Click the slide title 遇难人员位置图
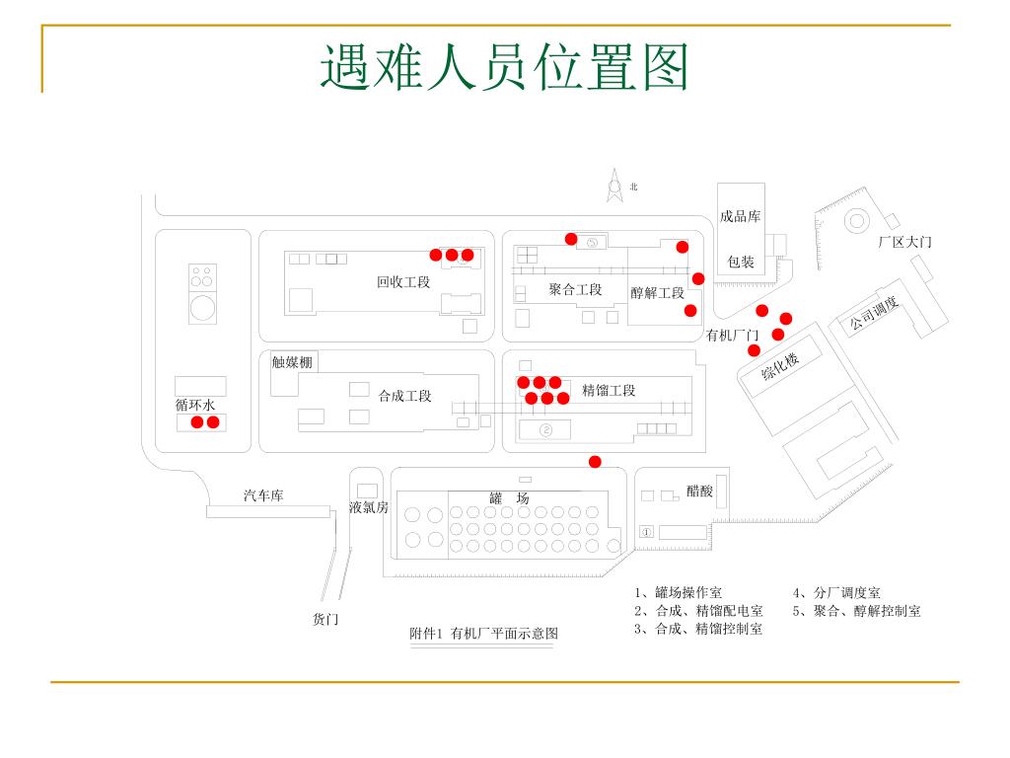coord(504,68)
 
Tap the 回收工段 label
coord(403,282)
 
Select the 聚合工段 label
coord(575,290)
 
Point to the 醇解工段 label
coord(657,293)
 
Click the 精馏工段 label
coord(609,391)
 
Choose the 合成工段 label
coord(404,396)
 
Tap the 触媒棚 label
coord(292,362)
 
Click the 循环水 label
coord(195,405)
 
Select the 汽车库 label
coord(263,495)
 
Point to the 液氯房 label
coord(369,507)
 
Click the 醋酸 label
coord(699,491)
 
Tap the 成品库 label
coord(740,216)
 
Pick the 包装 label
coord(741,262)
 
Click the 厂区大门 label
coord(904,242)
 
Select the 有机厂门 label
coord(732,336)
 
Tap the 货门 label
coord(325,620)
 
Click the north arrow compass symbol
coord(614,187)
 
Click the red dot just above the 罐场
coord(595,462)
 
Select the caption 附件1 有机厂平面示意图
coord(483,634)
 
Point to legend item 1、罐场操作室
coord(679,593)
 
